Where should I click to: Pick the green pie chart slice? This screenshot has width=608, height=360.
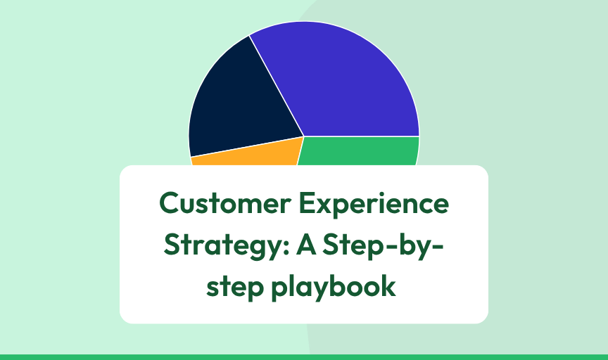click(x=359, y=150)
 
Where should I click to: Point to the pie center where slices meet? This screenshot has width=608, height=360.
click(x=303, y=136)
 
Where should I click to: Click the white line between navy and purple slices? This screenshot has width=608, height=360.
click(x=277, y=86)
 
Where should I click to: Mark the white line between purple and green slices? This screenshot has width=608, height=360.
click(x=362, y=136)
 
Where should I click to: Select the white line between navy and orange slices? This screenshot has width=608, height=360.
click(x=246, y=146)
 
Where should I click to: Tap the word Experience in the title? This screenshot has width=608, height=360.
click(x=371, y=205)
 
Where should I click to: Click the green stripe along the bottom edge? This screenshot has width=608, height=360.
click(x=304, y=356)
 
